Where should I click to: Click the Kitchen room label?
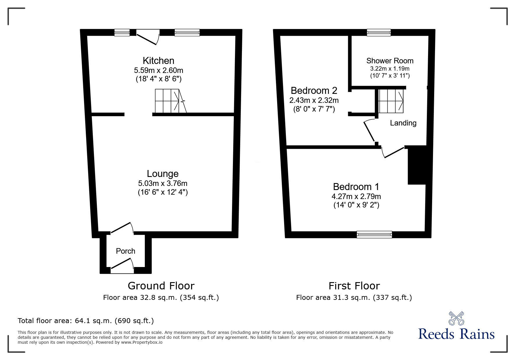point(158,61)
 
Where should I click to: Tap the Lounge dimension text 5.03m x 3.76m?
point(163,183)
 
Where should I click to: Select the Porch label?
point(126,251)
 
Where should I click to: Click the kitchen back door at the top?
point(148,37)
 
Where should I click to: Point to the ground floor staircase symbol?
point(170,101)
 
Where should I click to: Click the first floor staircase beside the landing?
point(391,101)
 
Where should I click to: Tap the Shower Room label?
point(390,61)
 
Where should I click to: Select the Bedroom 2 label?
point(314,91)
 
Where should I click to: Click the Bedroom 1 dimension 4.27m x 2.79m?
point(356,196)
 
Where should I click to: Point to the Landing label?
point(403,123)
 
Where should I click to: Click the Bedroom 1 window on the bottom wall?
point(374,234)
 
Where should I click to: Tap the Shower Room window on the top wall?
point(379,33)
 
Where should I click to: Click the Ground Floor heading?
point(161,286)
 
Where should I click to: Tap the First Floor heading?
point(354,286)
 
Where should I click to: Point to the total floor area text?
point(86,321)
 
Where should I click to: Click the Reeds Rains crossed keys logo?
point(456,318)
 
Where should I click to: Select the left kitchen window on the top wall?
point(122,33)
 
